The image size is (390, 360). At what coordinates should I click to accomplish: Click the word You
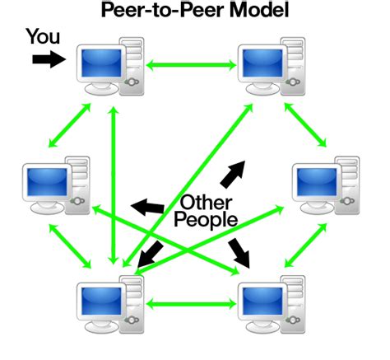point(43,36)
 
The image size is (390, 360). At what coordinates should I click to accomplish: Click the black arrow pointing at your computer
point(48,59)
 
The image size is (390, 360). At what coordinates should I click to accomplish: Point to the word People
point(206,221)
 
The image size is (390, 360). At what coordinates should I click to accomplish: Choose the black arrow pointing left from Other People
point(148,206)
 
